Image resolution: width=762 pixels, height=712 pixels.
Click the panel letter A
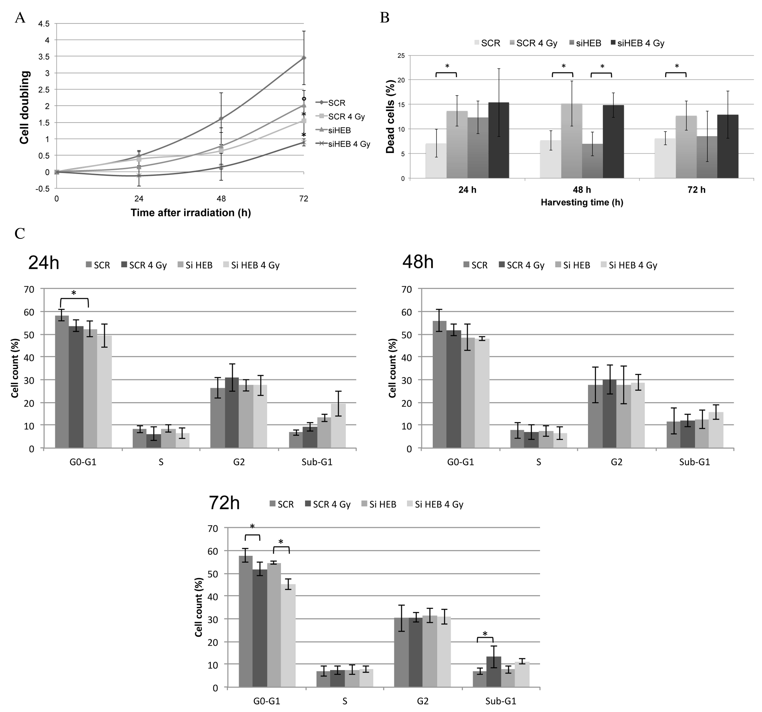tap(20, 18)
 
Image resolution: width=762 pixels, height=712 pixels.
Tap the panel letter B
tap(384, 18)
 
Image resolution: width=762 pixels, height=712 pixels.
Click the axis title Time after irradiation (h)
tap(191, 213)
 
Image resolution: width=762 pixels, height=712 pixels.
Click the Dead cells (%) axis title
tap(390, 116)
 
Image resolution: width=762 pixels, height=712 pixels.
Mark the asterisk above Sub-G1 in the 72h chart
tap(485, 633)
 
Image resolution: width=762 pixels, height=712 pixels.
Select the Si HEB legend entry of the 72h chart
tap(379, 504)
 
